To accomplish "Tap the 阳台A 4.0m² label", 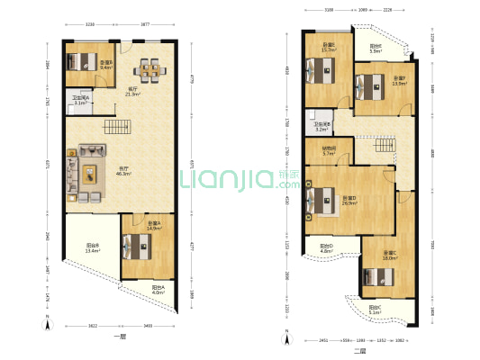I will pos(158,291).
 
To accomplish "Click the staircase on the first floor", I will pos(114,129).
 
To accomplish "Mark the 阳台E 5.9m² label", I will pos(375,49).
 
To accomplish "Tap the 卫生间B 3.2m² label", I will pos(322,126).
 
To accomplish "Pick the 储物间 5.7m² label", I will pos(329,151).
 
